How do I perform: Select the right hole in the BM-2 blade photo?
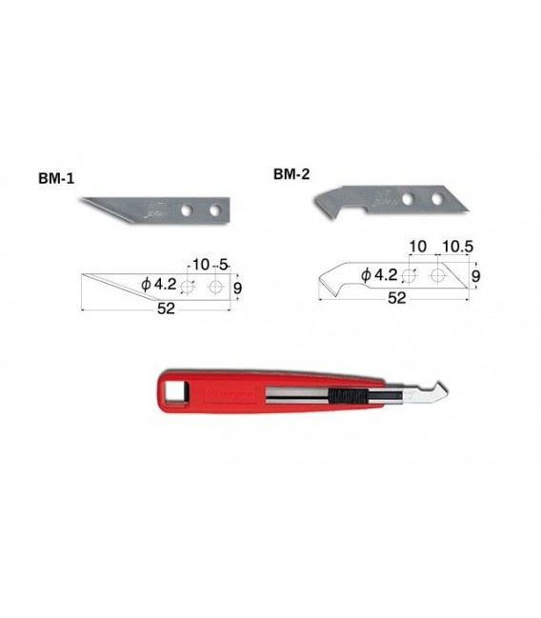(x=437, y=197)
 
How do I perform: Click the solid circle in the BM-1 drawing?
(x=216, y=287)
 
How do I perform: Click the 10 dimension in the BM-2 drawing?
(x=416, y=247)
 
